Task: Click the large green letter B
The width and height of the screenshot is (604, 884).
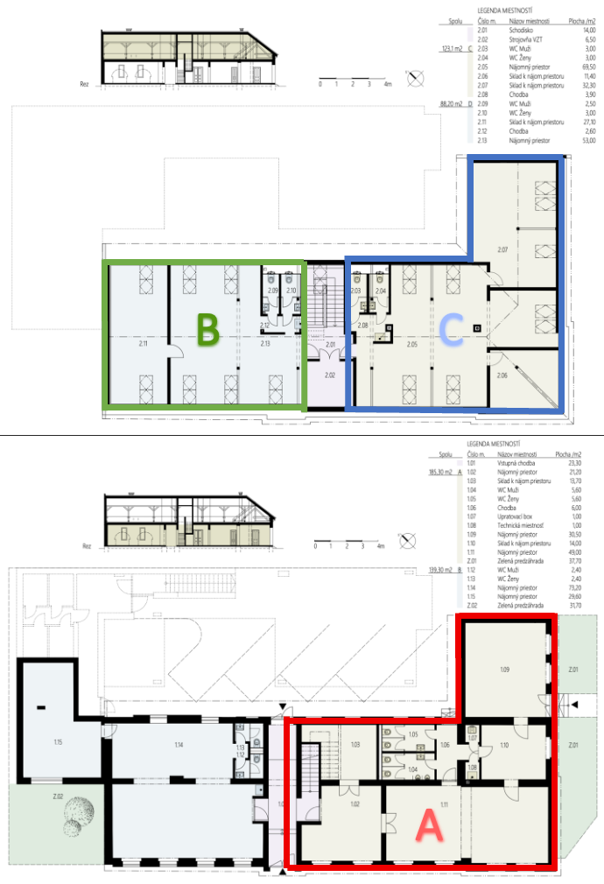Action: pos(207,330)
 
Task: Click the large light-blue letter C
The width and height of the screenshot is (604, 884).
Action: pos(452,330)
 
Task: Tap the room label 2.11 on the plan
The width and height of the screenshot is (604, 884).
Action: pos(143,345)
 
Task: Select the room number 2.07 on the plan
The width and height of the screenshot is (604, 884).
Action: pos(503,250)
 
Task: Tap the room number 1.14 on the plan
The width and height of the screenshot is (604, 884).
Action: pos(178,745)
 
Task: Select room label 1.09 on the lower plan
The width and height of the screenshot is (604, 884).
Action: pos(504,670)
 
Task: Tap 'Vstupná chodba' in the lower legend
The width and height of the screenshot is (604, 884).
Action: pos(518,463)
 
